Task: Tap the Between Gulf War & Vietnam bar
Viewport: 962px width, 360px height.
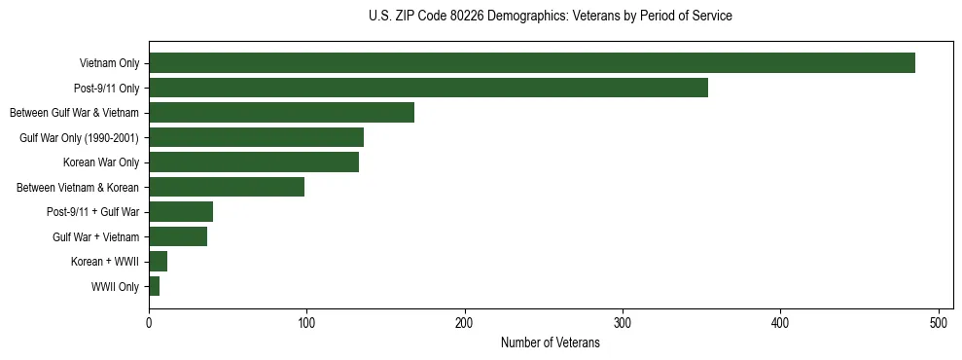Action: [281, 113]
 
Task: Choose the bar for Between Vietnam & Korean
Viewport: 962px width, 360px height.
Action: [227, 187]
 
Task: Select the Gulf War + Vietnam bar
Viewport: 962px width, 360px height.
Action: [178, 236]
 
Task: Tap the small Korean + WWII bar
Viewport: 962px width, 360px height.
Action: [159, 262]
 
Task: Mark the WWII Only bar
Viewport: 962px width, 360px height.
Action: [155, 286]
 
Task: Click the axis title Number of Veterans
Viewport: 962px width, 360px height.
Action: [550, 343]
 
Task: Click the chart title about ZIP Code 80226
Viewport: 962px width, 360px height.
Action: [550, 16]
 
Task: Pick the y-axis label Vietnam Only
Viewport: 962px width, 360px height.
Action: [109, 64]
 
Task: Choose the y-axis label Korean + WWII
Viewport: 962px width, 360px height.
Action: [105, 262]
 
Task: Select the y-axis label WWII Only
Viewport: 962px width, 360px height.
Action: [115, 287]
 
